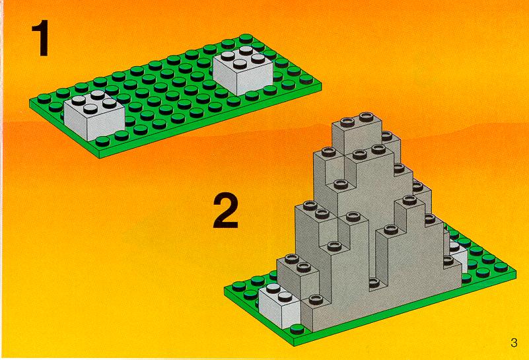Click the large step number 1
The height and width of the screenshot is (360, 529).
[40, 38]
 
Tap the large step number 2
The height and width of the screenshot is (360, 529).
[226, 210]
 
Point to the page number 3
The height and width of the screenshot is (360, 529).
[514, 342]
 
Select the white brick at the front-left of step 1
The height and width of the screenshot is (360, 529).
[94, 116]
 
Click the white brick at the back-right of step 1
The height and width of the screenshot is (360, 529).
[243, 70]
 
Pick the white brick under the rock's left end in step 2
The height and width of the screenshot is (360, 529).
[280, 305]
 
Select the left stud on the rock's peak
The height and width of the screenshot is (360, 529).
[347, 122]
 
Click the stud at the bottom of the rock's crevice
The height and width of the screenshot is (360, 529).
[374, 282]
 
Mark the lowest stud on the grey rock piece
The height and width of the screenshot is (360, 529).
[316, 299]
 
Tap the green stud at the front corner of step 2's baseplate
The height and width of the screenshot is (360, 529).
[297, 328]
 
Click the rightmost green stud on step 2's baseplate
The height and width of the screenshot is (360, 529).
[501, 267]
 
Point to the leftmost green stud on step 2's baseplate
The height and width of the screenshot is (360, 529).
[239, 287]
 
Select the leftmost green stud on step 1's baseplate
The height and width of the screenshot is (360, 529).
[44, 98]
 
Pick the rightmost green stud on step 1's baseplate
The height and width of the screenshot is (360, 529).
[306, 79]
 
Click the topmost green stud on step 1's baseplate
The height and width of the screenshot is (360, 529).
[246, 38]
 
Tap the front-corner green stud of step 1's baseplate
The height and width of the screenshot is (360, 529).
[102, 141]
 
